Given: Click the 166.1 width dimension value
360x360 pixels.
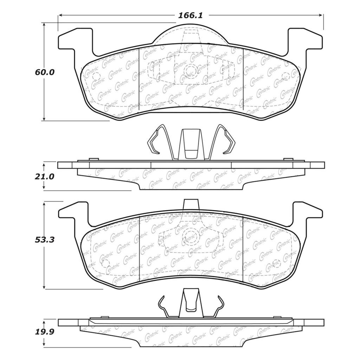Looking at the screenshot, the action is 191,15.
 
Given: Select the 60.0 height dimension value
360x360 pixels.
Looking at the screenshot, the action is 45,72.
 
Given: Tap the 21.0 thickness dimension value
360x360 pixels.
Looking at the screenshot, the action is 45,176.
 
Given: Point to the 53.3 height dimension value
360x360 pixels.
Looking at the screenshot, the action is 45,240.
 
